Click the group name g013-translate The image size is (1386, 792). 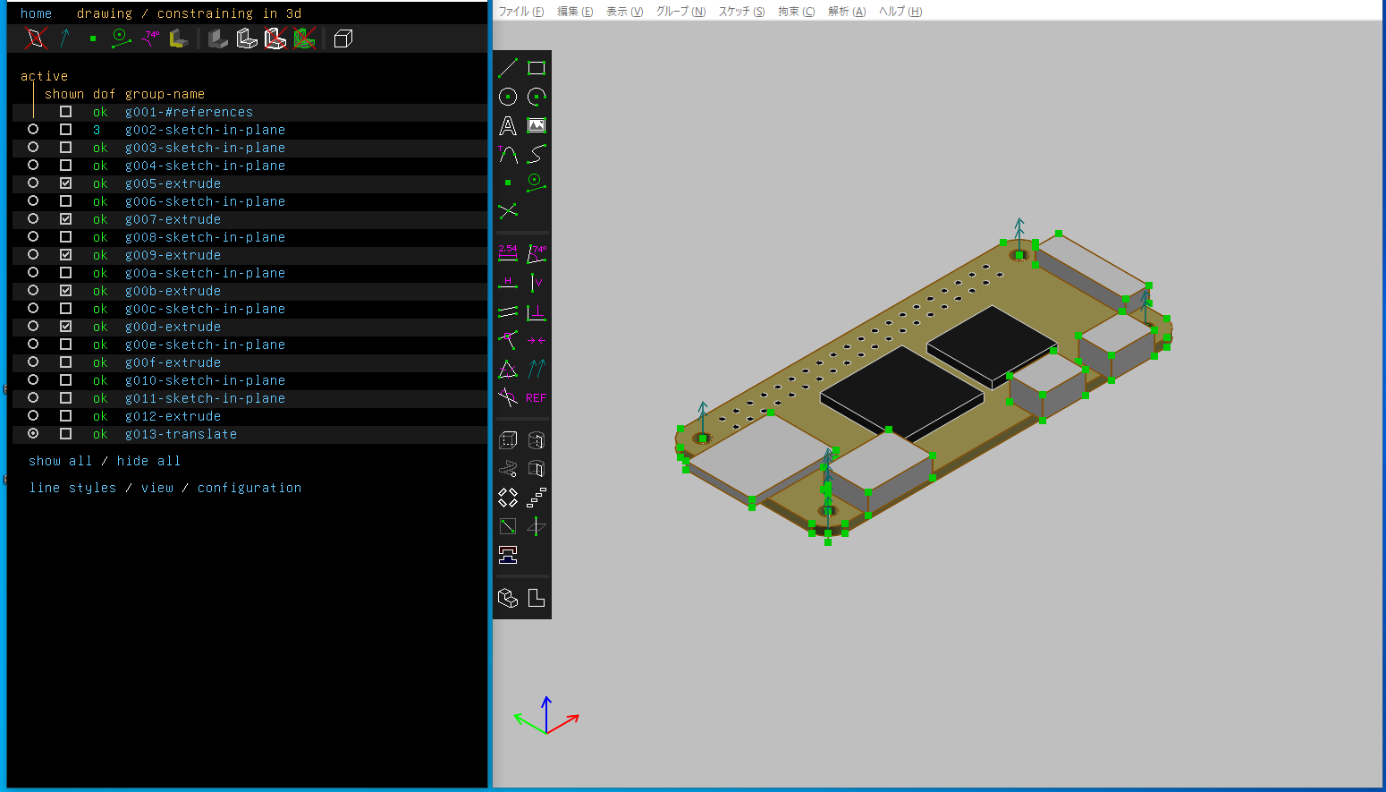click(x=181, y=434)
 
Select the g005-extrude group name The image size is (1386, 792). click(x=173, y=183)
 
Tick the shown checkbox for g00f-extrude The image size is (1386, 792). click(x=65, y=362)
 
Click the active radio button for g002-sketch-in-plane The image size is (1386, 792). click(x=33, y=130)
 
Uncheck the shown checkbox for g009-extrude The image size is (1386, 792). click(x=65, y=254)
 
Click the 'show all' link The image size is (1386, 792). click(x=60, y=461)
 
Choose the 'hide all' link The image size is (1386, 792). click(x=148, y=461)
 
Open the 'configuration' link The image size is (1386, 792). click(x=249, y=488)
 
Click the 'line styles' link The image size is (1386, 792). click(x=73, y=488)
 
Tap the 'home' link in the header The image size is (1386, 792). click(x=36, y=13)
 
